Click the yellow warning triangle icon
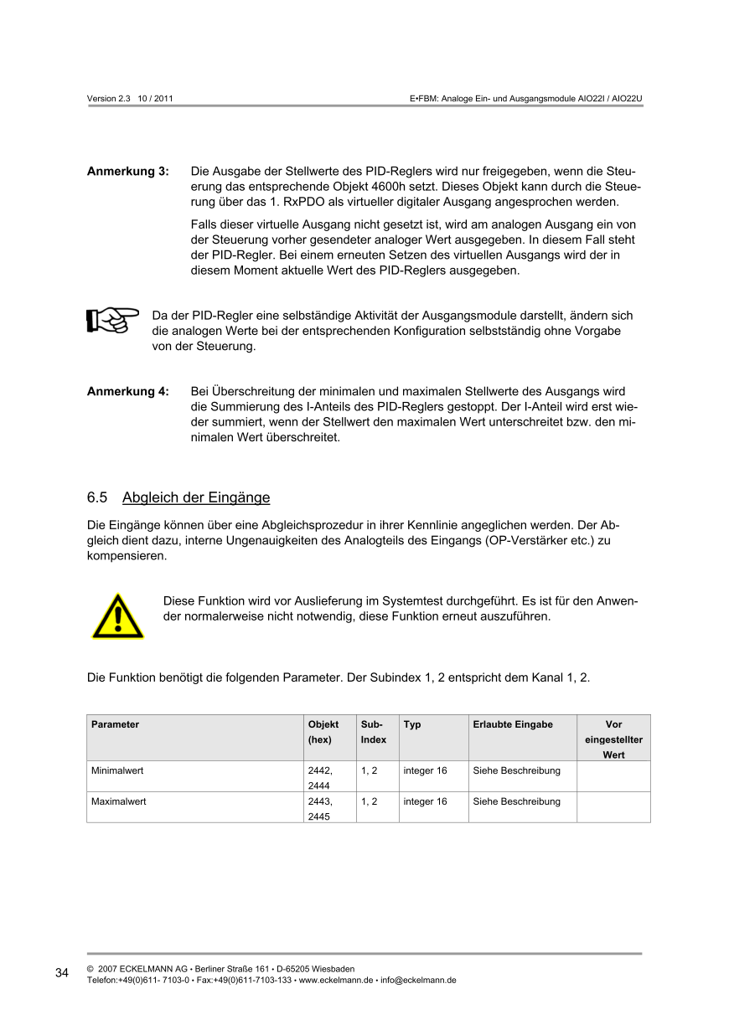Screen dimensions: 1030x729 [x=117, y=616]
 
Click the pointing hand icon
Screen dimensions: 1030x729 [x=112, y=321]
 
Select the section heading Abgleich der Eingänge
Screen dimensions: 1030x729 [x=196, y=498]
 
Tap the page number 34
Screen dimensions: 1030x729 [x=62, y=972]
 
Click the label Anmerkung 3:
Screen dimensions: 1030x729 [x=128, y=172]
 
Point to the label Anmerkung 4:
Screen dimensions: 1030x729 [x=128, y=391]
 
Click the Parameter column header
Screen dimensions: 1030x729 [x=116, y=724]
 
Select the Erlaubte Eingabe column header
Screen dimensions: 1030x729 [x=513, y=724]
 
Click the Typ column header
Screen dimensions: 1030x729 [x=412, y=724]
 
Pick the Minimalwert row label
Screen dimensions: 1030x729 [x=118, y=770]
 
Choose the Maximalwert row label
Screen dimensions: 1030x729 [x=119, y=801]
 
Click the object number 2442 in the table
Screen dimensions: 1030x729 [x=319, y=770]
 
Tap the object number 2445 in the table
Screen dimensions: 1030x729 [x=318, y=816]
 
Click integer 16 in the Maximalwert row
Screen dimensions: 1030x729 [x=425, y=801]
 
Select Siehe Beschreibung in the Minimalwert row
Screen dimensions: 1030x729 [x=516, y=770]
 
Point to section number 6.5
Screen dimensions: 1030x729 [x=97, y=498]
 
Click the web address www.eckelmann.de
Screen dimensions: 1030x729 [x=336, y=980]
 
